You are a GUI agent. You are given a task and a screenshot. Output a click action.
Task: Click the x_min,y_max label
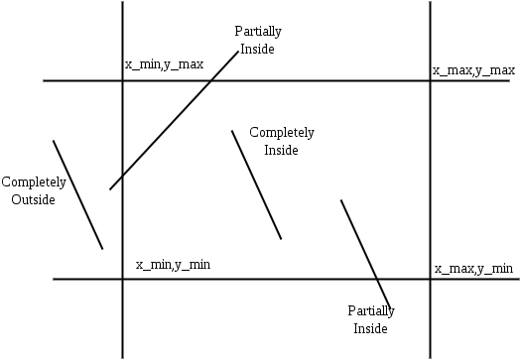click(164, 64)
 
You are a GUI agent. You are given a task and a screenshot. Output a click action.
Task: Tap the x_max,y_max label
click(473, 70)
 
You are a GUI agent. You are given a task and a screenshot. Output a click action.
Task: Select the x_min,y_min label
click(173, 265)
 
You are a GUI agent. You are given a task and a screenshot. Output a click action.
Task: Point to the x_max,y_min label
click(473, 269)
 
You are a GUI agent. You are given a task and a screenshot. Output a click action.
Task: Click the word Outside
click(33, 199)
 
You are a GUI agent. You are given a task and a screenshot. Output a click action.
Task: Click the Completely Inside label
click(282, 141)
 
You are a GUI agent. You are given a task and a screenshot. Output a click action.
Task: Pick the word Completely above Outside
click(34, 182)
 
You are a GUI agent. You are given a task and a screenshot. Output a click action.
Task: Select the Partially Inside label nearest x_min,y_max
click(256, 40)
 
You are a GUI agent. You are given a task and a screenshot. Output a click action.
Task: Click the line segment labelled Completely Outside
click(77, 194)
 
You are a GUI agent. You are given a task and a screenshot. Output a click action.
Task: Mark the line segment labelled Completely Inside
click(256, 184)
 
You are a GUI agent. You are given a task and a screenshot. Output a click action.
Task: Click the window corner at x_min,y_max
click(122, 80)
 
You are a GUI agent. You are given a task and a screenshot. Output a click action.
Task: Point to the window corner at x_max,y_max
click(430, 80)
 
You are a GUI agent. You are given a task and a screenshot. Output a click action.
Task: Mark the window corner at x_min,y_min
click(122, 279)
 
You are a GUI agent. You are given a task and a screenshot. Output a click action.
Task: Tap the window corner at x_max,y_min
click(430, 279)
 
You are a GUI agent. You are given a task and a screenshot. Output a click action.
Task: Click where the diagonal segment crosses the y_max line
click(211, 80)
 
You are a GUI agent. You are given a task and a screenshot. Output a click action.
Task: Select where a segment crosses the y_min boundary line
click(378, 279)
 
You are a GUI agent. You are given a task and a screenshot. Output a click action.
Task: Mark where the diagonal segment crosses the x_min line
click(122, 176)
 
